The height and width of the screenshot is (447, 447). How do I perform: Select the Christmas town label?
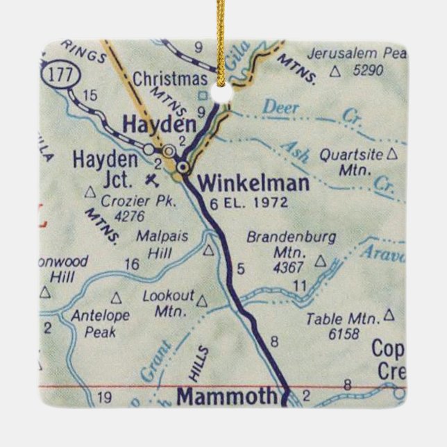pyautogui.click(x=170, y=78)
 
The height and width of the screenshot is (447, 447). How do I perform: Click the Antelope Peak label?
pyautogui.click(x=100, y=323)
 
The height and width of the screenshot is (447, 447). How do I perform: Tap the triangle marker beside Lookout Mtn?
pyautogui.click(x=202, y=301)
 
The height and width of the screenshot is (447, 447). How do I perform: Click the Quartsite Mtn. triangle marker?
pyautogui.click(x=393, y=154)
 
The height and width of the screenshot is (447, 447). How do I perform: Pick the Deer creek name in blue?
pyautogui.click(x=281, y=108)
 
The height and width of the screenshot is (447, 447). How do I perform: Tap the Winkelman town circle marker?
pyautogui.click(x=183, y=167)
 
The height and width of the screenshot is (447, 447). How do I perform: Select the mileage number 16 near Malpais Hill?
pyautogui.click(x=133, y=264)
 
